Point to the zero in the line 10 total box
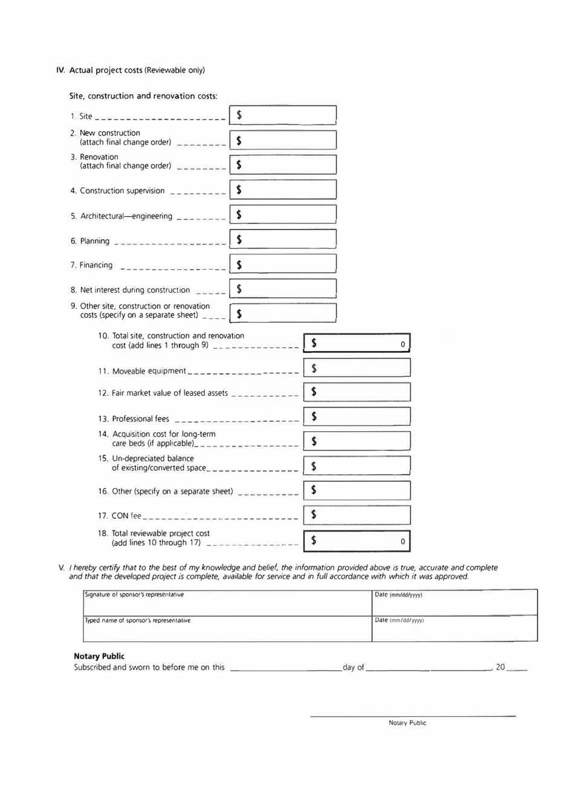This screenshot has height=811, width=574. (x=402, y=344)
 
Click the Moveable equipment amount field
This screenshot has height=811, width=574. (x=357, y=368)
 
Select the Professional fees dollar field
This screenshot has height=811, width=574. (x=357, y=417)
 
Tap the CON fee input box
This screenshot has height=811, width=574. (x=357, y=515)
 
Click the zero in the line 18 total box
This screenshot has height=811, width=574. (x=402, y=542)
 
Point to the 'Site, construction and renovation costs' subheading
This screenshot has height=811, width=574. (x=143, y=96)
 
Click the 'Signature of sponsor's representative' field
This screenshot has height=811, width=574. (x=227, y=603)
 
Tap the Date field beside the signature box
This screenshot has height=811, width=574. (x=454, y=603)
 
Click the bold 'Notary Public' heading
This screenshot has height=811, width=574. (x=99, y=656)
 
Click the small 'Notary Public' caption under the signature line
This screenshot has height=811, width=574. (x=407, y=723)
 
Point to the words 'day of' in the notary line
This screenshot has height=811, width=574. (x=353, y=667)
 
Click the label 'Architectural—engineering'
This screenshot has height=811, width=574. (x=126, y=216)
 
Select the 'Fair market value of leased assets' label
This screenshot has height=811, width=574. (x=170, y=393)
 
